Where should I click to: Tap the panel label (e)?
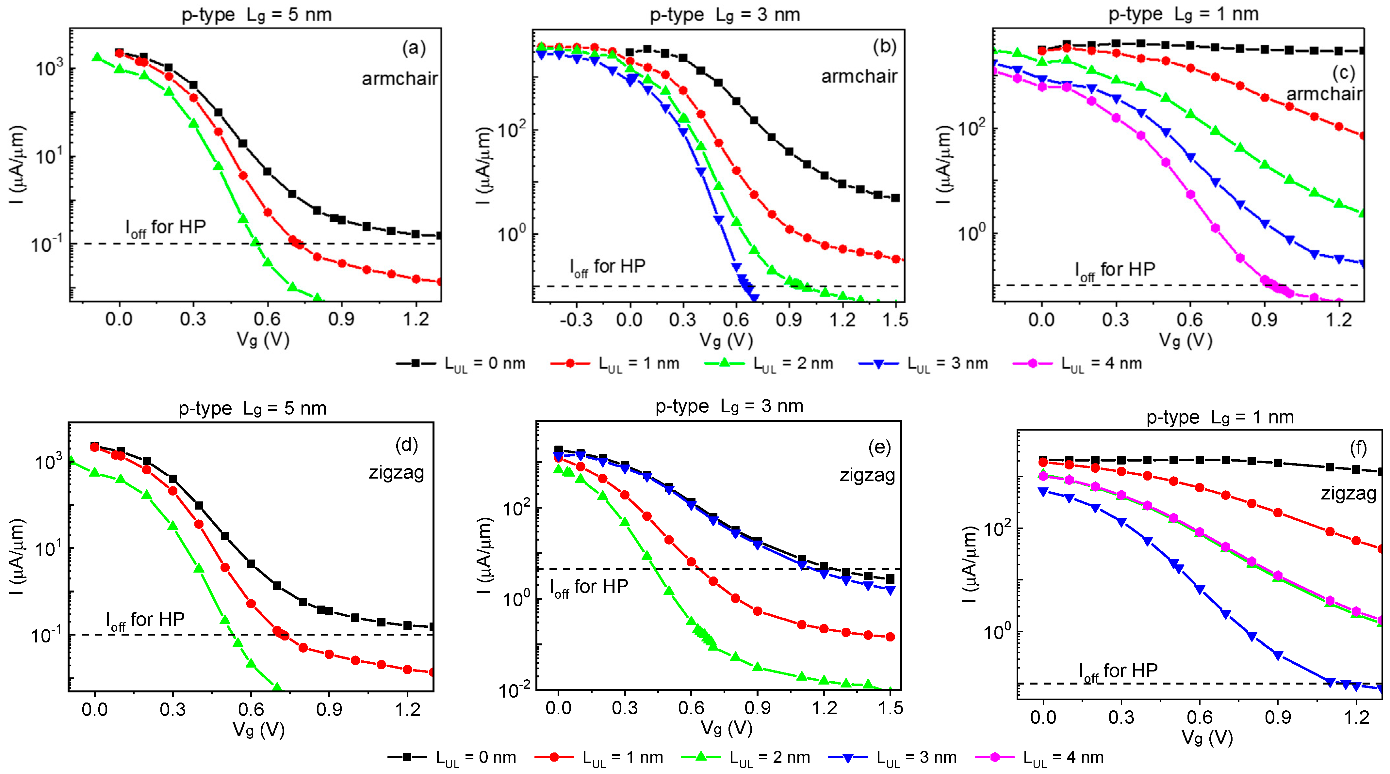pos(879,447)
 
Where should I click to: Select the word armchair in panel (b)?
pos(859,77)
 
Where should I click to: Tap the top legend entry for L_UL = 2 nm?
pos(769,364)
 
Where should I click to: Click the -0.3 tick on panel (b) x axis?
pos(576,320)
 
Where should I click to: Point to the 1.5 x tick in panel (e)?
pos(890,708)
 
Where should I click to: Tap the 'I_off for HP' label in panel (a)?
pos(166,228)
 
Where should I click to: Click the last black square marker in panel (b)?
pos(895,198)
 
